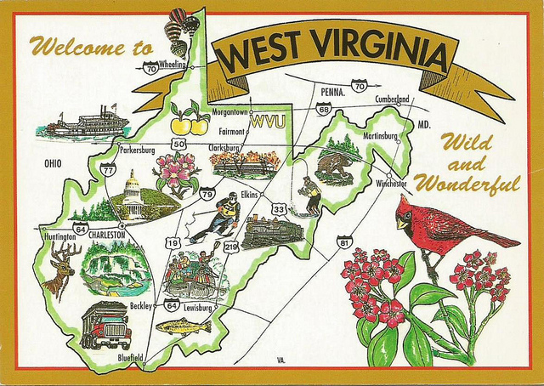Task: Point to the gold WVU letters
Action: click(x=270, y=121)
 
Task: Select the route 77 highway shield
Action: click(x=108, y=170)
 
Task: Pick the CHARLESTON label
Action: click(x=107, y=233)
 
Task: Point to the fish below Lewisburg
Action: click(x=184, y=326)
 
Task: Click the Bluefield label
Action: click(x=131, y=359)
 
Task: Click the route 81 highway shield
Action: click(x=344, y=242)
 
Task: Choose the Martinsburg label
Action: click(x=381, y=136)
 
